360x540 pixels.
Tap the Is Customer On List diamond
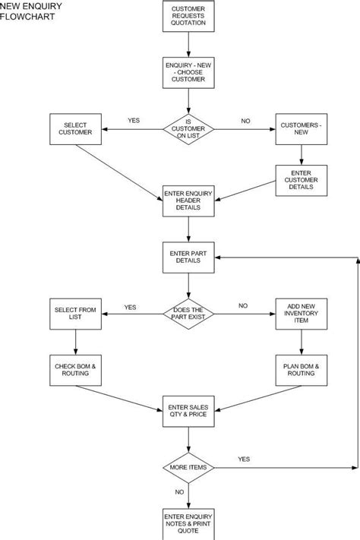click(x=189, y=129)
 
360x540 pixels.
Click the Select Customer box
click(x=74, y=128)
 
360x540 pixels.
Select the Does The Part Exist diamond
click(x=189, y=313)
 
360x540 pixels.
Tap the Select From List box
click(x=74, y=313)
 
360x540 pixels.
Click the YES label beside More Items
click(x=244, y=459)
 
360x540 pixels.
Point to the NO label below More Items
click(x=180, y=492)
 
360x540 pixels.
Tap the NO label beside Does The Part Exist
click(x=243, y=305)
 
